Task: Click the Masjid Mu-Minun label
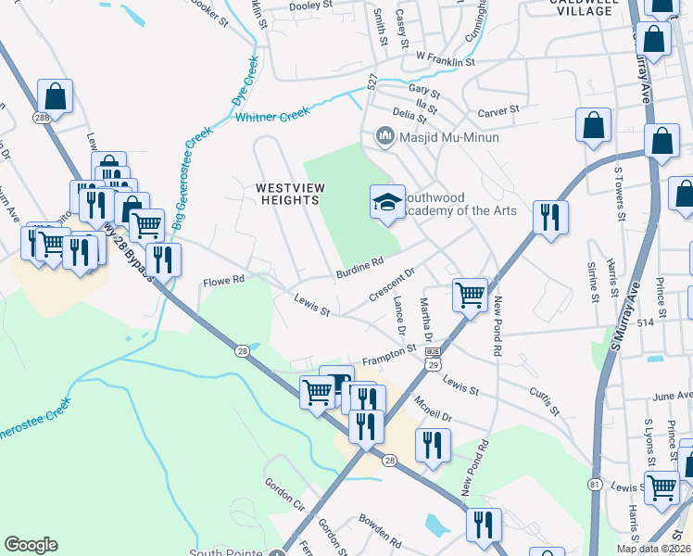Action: [x=449, y=138]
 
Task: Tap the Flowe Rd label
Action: [x=223, y=279]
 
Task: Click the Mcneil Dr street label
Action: [x=432, y=409]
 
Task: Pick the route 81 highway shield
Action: [x=594, y=485]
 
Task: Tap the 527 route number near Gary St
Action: [x=372, y=83]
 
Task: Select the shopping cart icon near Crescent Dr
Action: [x=470, y=295]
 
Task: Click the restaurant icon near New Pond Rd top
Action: [x=550, y=217]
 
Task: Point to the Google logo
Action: [x=31, y=545]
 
